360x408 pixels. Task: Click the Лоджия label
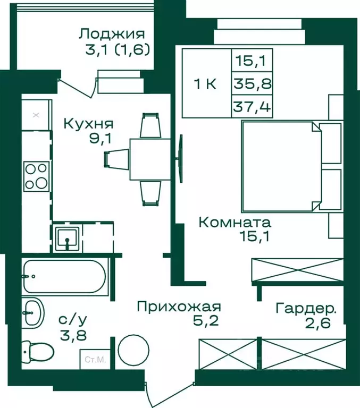112,34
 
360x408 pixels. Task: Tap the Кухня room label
88,124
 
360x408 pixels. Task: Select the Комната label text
235,222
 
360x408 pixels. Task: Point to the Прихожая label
178,307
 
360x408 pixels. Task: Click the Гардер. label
306,308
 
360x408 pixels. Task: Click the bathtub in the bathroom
64,276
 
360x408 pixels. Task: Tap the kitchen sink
68,236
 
